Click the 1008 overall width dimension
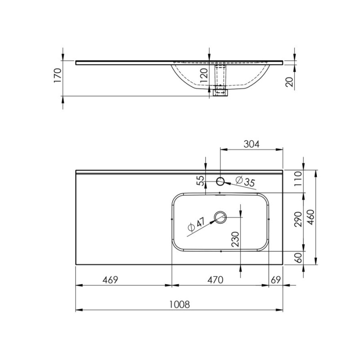(x=180, y=305)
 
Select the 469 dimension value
(x=110, y=280)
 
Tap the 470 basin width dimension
(x=215, y=280)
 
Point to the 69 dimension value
(x=276, y=280)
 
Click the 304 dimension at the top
(x=252, y=144)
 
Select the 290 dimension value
(x=298, y=219)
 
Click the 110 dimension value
(x=298, y=178)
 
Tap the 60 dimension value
(x=298, y=257)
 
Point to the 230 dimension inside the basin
(x=235, y=239)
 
